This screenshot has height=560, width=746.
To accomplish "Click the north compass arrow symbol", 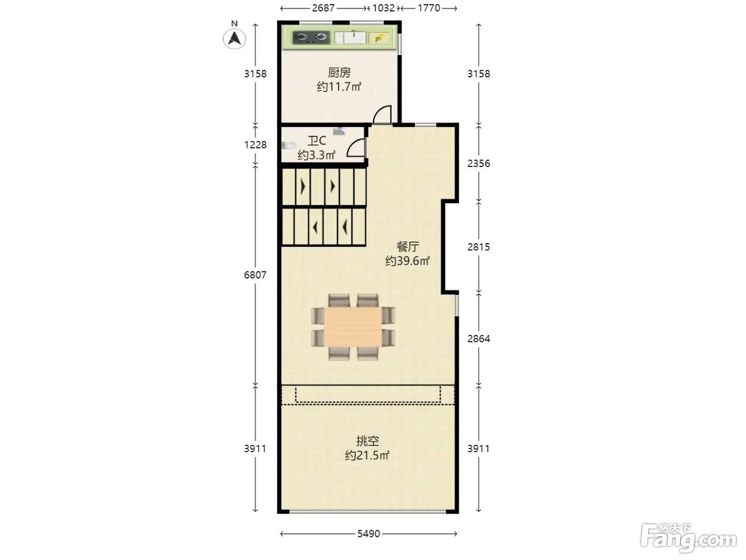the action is [234, 38].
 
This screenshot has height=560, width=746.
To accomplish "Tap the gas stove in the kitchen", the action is [311, 37].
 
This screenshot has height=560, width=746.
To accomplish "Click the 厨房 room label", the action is [339, 73].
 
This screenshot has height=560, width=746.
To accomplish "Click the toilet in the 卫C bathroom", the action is [289, 145].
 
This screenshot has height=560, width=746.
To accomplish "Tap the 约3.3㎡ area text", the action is [317, 155].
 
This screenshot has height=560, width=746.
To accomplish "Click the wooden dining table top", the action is [353, 327].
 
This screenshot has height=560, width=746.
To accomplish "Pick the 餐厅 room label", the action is [408, 246].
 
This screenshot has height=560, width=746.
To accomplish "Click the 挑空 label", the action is [367, 441].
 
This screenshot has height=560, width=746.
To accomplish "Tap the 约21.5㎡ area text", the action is [367, 455].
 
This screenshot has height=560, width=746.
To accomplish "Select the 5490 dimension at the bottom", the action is [368, 534].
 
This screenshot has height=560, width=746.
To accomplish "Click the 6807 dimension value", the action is [255, 275].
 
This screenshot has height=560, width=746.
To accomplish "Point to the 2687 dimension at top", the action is [323, 8].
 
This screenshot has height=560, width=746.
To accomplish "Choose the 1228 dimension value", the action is [255, 145].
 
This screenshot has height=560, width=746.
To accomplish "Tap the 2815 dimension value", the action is [479, 247].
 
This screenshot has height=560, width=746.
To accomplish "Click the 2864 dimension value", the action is [479, 339].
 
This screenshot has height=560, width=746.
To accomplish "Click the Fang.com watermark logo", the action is [688, 538].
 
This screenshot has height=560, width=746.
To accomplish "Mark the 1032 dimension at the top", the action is [384, 8].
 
